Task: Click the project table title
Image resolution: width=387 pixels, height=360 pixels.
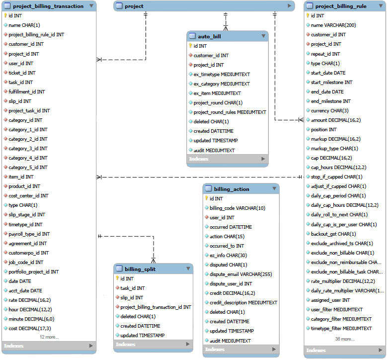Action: pyautogui.click(x=134, y=6)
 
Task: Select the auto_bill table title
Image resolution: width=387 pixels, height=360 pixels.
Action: pyautogui.click(x=209, y=36)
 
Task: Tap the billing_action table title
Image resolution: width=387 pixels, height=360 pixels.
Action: pyautogui.click(x=232, y=189)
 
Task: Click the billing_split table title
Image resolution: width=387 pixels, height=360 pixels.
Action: pyautogui.click(x=140, y=269)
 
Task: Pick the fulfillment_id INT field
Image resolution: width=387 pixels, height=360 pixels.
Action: pyautogui.click(x=26, y=91)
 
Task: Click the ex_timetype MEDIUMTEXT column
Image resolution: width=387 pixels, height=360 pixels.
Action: pyautogui.click(x=222, y=75)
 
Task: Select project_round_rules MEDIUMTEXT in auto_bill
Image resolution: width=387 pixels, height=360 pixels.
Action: pyautogui.click(x=230, y=112)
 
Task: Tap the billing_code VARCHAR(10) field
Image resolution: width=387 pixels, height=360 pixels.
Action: pyautogui.click(x=237, y=208)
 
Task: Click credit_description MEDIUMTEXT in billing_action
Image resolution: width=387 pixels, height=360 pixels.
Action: pyautogui.click(x=243, y=303)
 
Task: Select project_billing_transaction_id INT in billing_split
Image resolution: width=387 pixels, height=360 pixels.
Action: pyautogui.click(x=155, y=307)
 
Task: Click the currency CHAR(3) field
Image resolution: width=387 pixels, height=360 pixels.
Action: pyautogui.click(x=329, y=111)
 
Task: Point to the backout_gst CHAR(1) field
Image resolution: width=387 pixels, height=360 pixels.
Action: pyautogui.click(x=333, y=234)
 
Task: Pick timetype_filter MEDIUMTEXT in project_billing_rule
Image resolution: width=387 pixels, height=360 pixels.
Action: pyautogui.click(x=341, y=329)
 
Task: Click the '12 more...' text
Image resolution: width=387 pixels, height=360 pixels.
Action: pyautogui.click(x=50, y=337)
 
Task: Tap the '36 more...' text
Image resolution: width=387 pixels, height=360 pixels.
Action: pyautogui.click(x=344, y=339)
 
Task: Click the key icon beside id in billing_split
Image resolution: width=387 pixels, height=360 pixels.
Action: pyautogui.click(x=117, y=279)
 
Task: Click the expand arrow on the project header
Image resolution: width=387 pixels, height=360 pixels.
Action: pyautogui.click(x=290, y=6)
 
